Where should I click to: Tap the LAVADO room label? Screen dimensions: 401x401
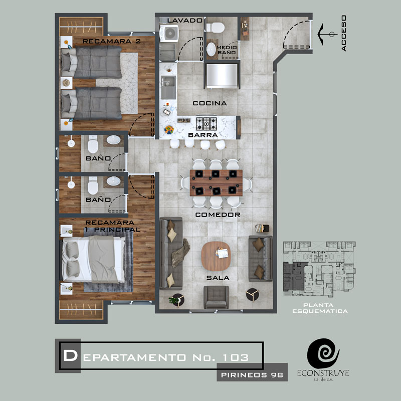(185, 21)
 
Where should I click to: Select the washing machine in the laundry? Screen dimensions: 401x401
(169, 33)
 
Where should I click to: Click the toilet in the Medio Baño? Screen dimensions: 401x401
(216, 28)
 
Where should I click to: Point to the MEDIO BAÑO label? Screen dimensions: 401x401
(227, 50)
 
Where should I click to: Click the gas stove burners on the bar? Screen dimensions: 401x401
(207, 124)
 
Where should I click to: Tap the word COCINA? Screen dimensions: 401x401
(210, 103)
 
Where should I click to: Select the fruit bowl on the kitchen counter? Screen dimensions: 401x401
(169, 130)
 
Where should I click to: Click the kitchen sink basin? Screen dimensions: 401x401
(168, 87)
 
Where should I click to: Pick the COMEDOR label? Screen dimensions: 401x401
(218, 215)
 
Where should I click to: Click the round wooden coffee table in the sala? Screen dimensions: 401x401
(216, 256)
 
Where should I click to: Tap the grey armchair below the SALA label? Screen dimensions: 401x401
(216, 297)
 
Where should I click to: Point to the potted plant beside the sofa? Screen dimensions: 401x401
(176, 300)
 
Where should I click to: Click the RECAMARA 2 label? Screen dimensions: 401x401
(111, 41)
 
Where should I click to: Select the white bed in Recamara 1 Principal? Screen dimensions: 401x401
(93, 259)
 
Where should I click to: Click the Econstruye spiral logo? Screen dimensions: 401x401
(323, 353)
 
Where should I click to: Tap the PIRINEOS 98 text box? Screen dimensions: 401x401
(252, 375)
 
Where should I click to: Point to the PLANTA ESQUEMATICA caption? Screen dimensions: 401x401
(320, 308)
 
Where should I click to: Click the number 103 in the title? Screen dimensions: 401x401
(235, 357)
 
